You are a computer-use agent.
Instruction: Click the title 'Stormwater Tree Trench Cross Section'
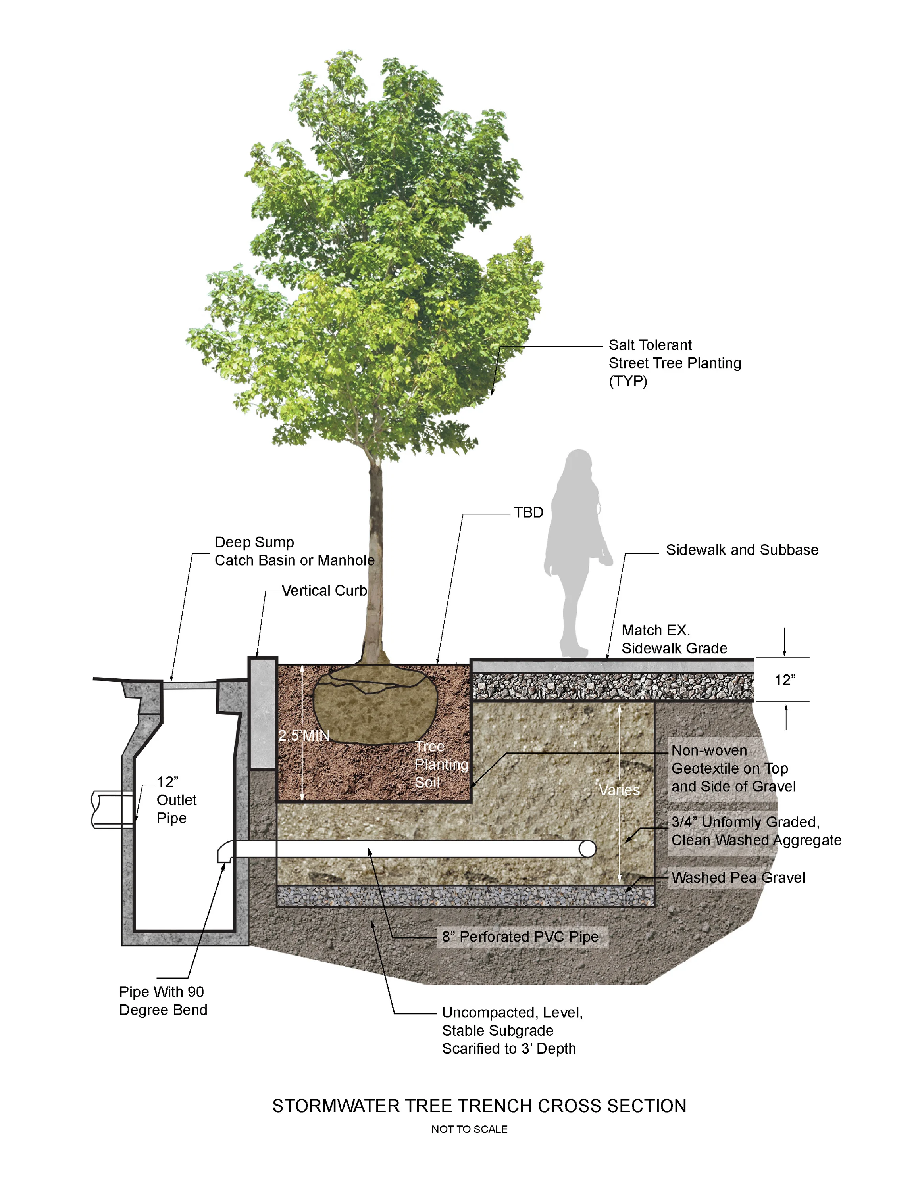click(x=479, y=1106)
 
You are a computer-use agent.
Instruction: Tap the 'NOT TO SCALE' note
click(x=469, y=1130)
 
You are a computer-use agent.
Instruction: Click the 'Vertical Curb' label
click(x=324, y=591)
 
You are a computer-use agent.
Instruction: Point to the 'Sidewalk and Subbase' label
click(x=742, y=550)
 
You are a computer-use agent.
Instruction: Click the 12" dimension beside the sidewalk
click(x=785, y=680)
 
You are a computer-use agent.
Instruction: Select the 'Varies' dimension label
click(x=619, y=790)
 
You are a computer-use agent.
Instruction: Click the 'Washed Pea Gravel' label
click(x=738, y=878)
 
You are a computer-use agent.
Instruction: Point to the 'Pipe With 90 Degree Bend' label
click(x=163, y=1000)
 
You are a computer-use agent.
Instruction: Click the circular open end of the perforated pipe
click(x=587, y=849)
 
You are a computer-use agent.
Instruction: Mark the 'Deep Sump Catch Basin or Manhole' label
click(x=294, y=551)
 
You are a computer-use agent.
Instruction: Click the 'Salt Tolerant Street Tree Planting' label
click(x=674, y=363)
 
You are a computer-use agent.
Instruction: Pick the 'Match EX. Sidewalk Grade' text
click(x=674, y=639)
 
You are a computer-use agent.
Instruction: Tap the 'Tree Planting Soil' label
click(x=441, y=764)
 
